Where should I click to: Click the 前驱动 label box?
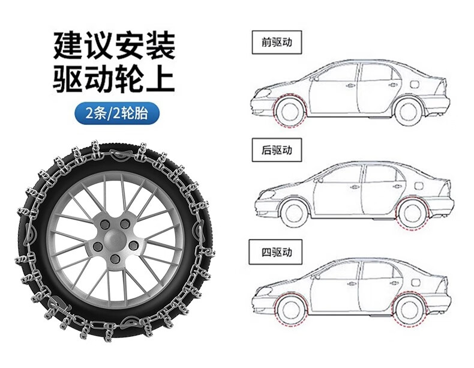[x=275, y=43]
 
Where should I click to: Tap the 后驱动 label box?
[x=275, y=149]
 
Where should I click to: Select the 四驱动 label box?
[x=275, y=252]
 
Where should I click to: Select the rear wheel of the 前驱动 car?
[x=409, y=112]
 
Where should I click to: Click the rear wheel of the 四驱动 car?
[x=409, y=312]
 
